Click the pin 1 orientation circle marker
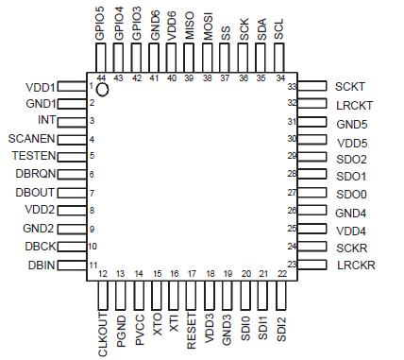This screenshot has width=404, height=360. (x=103, y=89)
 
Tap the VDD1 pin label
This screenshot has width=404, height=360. (x=41, y=86)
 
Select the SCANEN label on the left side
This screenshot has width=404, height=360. (x=33, y=138)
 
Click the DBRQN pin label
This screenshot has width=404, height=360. (x=36, y=174)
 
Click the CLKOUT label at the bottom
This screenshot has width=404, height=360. (x=103, y=333)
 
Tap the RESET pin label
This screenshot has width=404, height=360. (x=191, y=329)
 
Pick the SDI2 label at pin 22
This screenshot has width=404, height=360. (x=282, y=325)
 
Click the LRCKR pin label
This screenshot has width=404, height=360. (x=356, y=266)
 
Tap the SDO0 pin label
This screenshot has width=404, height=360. (x=351, y=194)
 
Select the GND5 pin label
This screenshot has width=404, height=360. (x=351, y=123)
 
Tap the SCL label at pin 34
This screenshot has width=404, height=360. (x=278, y=26)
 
